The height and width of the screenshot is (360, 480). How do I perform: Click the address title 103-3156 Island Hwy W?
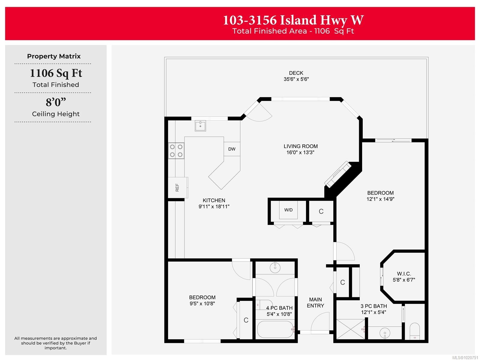click(x=293, y=20)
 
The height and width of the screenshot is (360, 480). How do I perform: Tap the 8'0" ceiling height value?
click(x=56, y=102)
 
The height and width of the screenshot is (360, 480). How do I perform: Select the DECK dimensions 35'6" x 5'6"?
click(x=296, y=79)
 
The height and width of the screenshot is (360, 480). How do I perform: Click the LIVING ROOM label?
click(x=301, y=146)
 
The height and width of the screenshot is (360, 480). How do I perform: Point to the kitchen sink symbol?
click(x=200, y=126)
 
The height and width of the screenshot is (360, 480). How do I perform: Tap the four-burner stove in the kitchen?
click(x=176, y=151)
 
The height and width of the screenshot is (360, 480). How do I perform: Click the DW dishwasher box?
click(x=232, y=149)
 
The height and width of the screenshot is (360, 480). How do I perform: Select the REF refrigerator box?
click(x=177, y=188)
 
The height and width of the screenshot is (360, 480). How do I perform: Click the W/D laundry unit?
click(x=288, y=210)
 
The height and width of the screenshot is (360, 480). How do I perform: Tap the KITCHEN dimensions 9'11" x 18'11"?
click(x=214, y=207)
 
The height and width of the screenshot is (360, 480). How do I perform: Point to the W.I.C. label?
click(x=404, y=274)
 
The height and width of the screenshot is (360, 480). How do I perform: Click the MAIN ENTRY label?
click(x=315, y=302)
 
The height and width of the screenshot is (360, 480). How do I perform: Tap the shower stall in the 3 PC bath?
click(x=350, y=329)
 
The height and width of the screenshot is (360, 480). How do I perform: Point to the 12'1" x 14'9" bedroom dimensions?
click(x=380, y=199)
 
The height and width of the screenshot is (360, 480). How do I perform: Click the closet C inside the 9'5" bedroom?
click(x=246, y=320)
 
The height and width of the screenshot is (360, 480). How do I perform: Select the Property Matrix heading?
click(x=54, y=56)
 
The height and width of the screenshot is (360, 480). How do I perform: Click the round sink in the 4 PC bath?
click(x=275, y=267)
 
